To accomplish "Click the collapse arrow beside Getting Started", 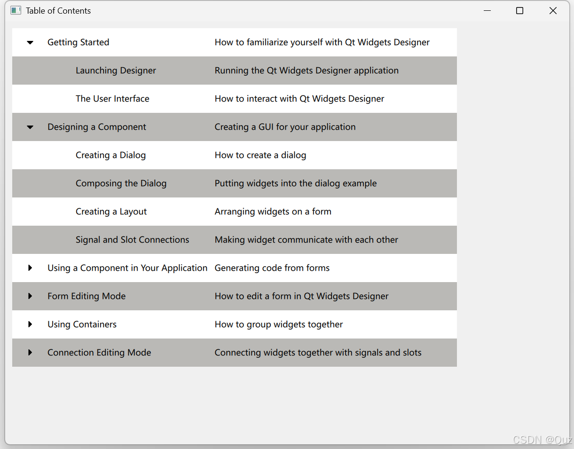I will [x=30, y=42].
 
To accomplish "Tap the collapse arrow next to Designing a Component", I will [x=30, y=127].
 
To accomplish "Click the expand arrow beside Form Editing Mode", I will [x=30, y=296].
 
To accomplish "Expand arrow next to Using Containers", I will [x=30, y=324].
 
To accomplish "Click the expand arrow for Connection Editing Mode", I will [x=30, y=353].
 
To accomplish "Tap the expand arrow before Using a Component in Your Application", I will [x=30, y=268].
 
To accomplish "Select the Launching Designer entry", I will [x=116, y=71].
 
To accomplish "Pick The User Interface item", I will [x=112, y=99].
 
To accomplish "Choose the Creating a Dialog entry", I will [x=110, y=155].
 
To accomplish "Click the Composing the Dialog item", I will [x=121, y=183].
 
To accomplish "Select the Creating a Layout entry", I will [x=111, y=212].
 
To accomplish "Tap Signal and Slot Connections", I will [x=132, y=240].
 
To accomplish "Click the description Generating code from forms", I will [x=272, y=268].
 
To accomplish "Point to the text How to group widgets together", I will [x=278, y=324].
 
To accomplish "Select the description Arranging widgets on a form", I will [x=273, y=212].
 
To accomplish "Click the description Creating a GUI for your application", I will [x=285, y=127].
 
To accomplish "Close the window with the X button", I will [x=553, y=11].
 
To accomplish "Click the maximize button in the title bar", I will [x=519, y=11].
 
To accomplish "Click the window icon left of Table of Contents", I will [x=16, y=10].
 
